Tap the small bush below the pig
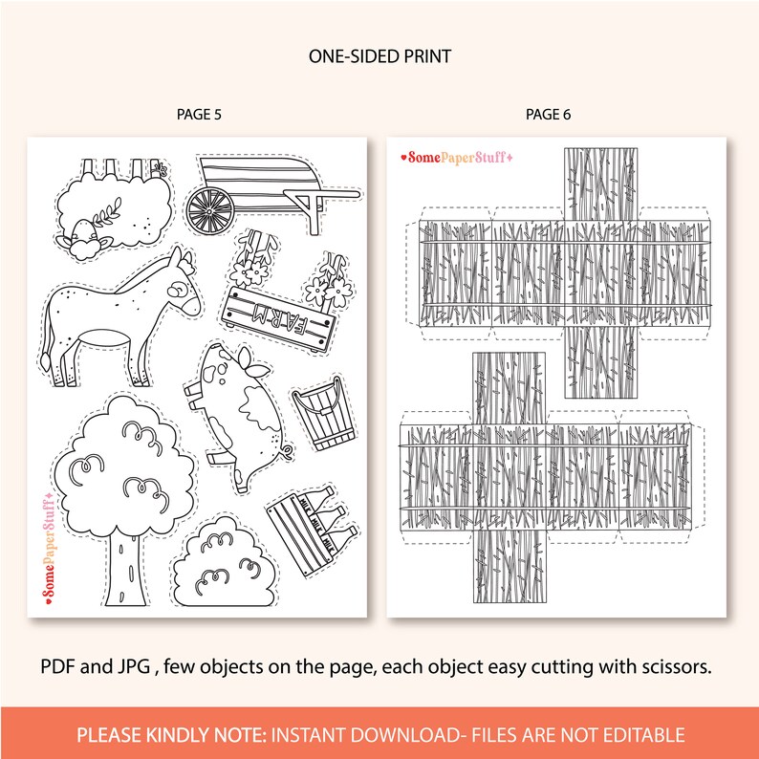click(222, 563)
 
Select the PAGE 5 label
click(199, 115)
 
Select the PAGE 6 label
click(548, 115)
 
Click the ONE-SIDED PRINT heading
click(379, 57)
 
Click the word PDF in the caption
click(57, 666)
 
